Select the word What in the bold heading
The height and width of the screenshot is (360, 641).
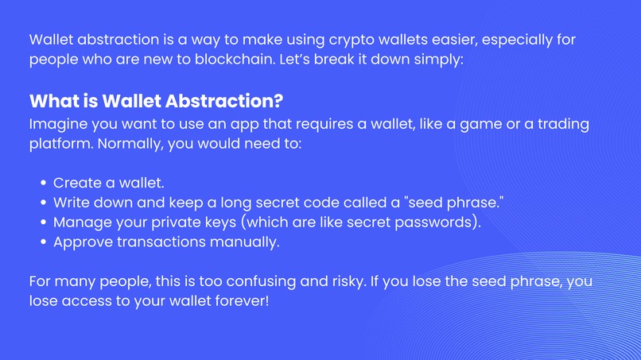52,102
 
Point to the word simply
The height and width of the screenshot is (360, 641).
433,60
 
